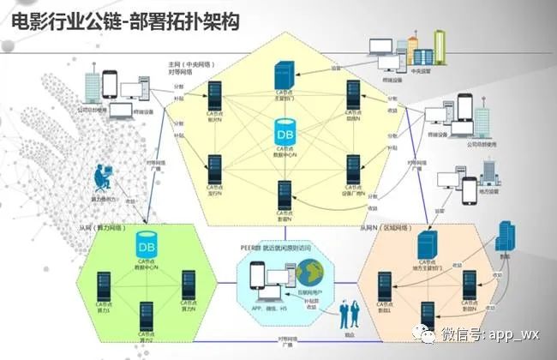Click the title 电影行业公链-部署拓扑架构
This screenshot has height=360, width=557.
click(x=123, y=21)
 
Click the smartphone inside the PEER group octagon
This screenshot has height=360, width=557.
click(x=255, y=276)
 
